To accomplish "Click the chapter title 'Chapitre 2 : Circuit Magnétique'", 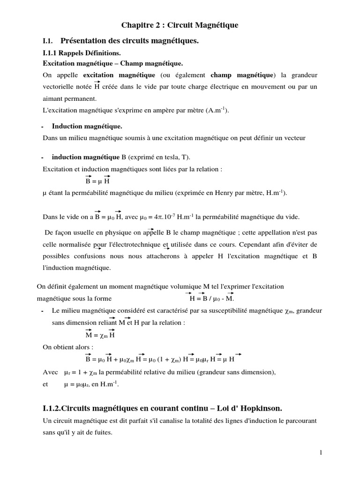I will [x=180, y=25].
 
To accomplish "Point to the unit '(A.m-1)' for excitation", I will [x=217, y=110].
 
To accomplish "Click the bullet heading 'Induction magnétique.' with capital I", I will [x=87, y=126].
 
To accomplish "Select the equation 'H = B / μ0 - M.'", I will [x=211, y=298].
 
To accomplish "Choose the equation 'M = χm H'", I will [x=100, y=335].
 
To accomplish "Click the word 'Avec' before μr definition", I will [x=50, y=372].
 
